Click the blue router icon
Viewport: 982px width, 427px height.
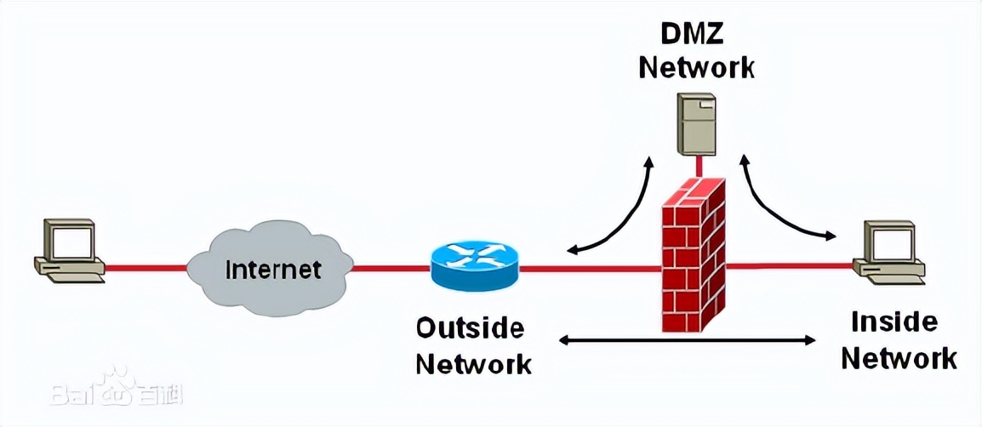pos(474,265)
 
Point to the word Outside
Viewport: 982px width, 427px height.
pos(470,327)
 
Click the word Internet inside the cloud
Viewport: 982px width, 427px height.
pos(273,270)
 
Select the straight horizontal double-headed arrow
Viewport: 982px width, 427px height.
pos(685,341)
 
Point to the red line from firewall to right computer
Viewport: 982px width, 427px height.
pos(791,266)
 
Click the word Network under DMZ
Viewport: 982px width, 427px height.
pos(696,67)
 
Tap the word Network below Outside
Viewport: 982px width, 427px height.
pos(474,363)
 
